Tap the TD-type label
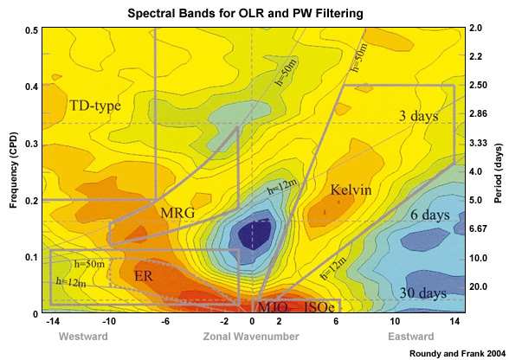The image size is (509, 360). tap(95, 106)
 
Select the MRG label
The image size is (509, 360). tap(177, 212)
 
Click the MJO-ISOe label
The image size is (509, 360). tap(294, 305)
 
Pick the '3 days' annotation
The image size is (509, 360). tap(418, 115)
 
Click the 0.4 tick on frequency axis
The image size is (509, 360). tap(32, 87)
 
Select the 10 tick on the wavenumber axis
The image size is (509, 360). tap(394, 322)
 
